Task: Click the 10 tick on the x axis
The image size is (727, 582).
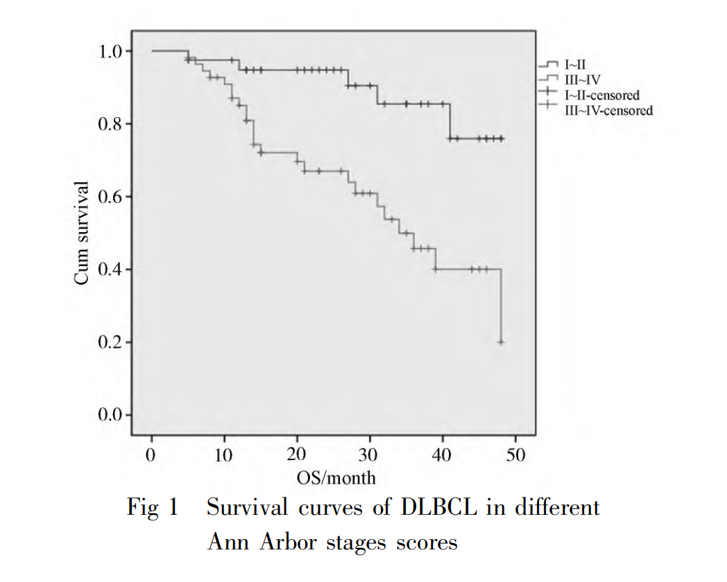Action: pyautogui.click(x=224, y=456)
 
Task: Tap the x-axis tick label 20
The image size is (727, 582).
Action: pyautogui.click(x=297, y=456)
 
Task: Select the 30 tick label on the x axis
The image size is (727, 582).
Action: pyautogui.click(x=370, y=456)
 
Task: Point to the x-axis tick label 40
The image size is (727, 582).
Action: pyautogui.click(x=443, y=456)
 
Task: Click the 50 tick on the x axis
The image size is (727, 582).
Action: pyautogui.click(x=515, y=456)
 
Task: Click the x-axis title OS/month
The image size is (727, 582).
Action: pyautogui.click(x=336, y=477)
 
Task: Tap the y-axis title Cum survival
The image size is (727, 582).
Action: pyautogui.click(x=83, y=232)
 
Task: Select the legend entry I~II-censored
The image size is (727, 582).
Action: pyautogui.click(x=601, y=96)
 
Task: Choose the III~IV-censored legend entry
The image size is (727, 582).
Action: pyautogui.click(x=608, y=109)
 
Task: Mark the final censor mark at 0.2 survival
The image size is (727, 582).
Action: pyautogui.click(x=501, y=342)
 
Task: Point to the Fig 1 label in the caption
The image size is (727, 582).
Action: pyautogui.click(x=153, y=508)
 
